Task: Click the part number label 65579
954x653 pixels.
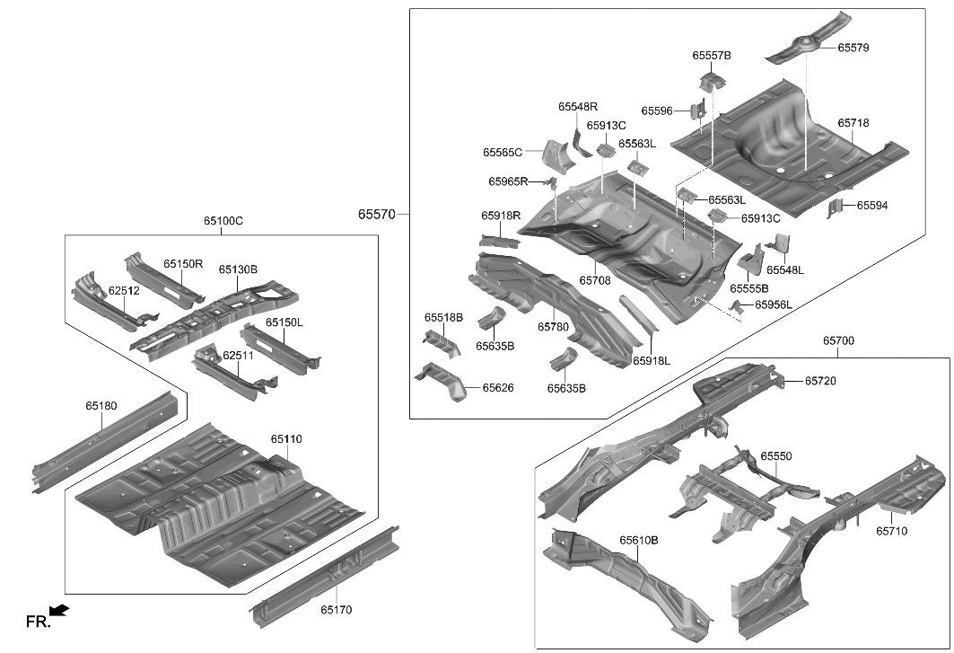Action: [853, 47]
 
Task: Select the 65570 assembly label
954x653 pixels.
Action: [376, 215]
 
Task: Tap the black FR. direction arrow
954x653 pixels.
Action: [59, 612]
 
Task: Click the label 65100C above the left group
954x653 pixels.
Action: [223, 221]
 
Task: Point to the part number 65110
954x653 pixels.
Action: [286, 439]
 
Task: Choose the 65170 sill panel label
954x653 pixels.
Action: [337, 610]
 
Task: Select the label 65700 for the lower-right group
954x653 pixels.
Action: [838, 341]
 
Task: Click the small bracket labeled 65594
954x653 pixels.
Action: [836, 208]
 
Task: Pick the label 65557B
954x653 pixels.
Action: [712, 56]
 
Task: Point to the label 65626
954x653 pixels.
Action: [498, 388]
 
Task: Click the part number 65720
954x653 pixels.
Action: [820, 381]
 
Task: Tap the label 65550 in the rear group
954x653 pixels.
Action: [776, 456]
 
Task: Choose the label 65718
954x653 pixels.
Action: [853, 122]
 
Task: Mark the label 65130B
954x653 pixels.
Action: [238, 269]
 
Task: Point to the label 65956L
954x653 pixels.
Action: [774, 305]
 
